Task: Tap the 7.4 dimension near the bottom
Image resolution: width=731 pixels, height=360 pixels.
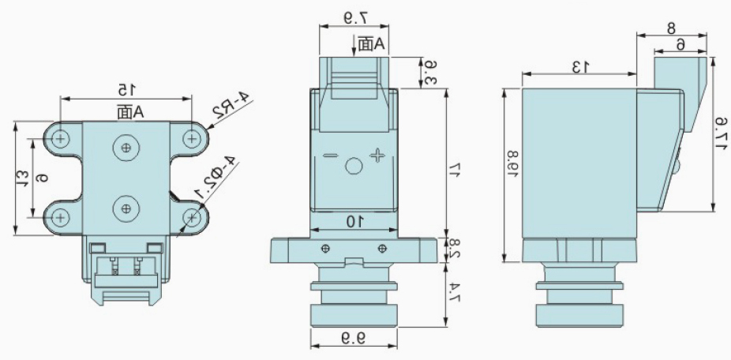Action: [x=454, y=293]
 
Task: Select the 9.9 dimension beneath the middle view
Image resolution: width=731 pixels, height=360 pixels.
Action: [x=353, y=339]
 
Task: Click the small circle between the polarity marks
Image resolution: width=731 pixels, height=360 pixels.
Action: [x=354, y=166]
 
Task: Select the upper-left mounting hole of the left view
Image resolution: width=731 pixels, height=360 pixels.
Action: [x=60, y=139]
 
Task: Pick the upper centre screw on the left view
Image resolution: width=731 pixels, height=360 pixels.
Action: [x=125, y=147]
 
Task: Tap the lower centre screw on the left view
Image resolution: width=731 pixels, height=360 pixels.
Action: [x=125, y=208]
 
